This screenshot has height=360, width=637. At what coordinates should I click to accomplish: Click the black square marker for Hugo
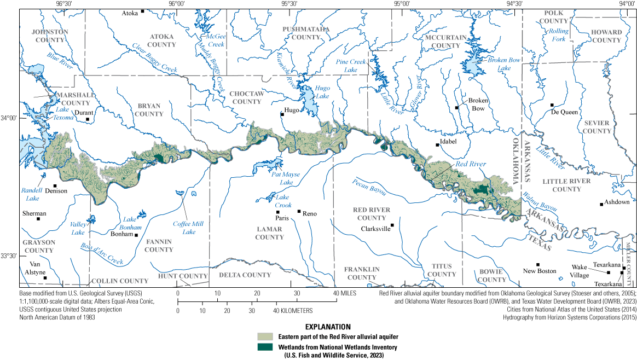[282, 114]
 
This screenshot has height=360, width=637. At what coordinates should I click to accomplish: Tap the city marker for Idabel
[437, 145]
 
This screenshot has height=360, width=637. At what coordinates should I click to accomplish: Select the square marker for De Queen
[552, 105]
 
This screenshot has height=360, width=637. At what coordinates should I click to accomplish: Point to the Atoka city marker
[142, 11]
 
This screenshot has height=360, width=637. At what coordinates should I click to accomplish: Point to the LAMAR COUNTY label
[269, 233]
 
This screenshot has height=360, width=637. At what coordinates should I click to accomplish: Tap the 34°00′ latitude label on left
[9, 118]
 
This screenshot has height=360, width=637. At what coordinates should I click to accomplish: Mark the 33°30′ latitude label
[9, 256]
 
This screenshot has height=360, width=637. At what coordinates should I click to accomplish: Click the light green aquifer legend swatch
[266, 335]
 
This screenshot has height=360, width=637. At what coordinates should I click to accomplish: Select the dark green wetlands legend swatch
[266, 346]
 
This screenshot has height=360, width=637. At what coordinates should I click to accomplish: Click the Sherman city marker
[38, 219]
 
